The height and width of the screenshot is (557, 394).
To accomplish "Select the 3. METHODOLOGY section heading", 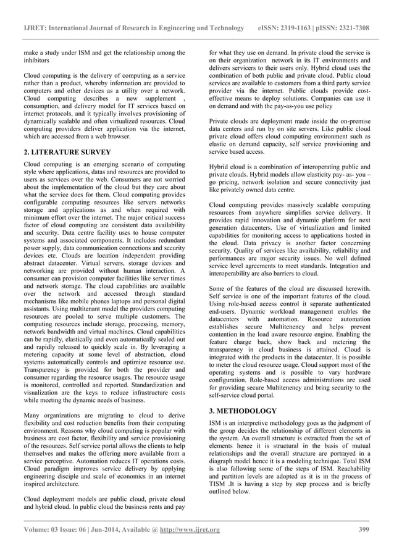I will click(x=243, y=410).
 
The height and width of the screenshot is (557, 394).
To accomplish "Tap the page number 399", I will click(x=364, y=530).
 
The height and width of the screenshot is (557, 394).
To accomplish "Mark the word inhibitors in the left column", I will click(x=28, y=61).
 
